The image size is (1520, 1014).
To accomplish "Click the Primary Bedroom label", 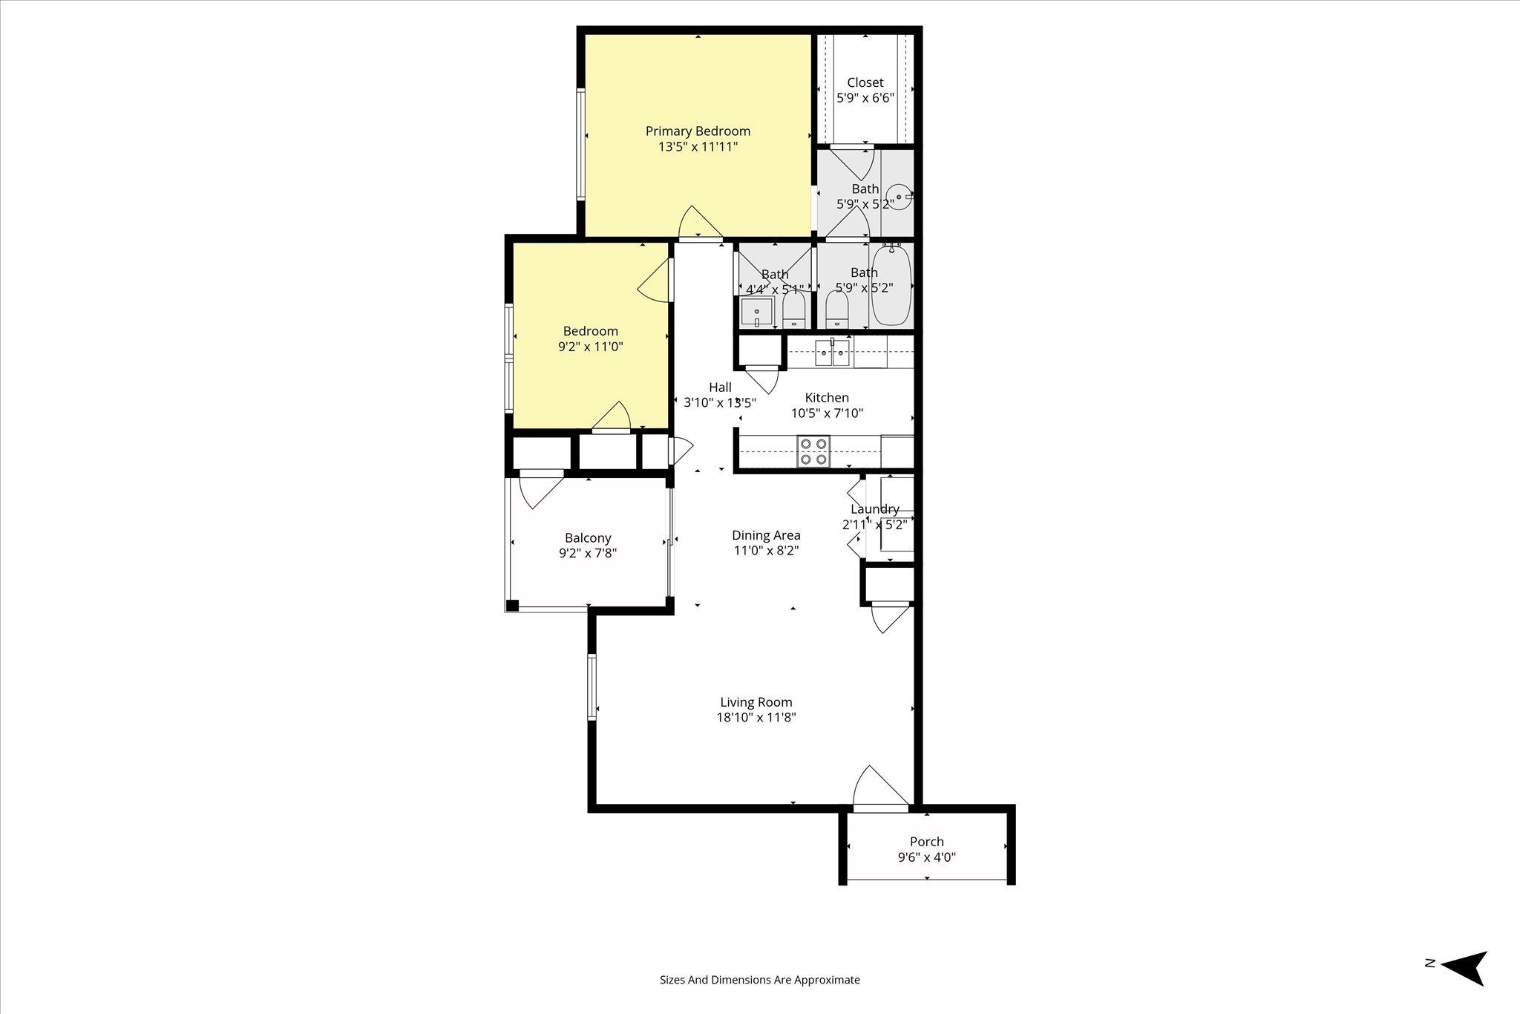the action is (x=698, y=131).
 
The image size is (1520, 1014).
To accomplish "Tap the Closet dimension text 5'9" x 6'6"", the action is (x=865, y=98).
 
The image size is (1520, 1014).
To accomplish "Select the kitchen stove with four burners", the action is (x=813, y=451).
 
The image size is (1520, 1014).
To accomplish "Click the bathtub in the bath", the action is (x=891, y=287).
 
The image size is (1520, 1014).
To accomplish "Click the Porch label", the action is (x=927, y=842).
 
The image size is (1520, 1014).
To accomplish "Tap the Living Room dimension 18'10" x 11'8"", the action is (x=756, y=718).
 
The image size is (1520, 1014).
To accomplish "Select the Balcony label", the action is (x=588, y=538).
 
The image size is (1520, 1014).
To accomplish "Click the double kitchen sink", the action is (x=832, y=353).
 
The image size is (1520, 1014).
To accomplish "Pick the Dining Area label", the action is (x=766, y=535).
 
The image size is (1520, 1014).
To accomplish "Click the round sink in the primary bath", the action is (x=900, y=197).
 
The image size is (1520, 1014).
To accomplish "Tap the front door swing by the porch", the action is (x=881, y=788).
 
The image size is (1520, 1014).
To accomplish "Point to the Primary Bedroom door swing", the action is (x=701, y=223).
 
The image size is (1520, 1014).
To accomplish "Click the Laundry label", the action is (x=875, y=509).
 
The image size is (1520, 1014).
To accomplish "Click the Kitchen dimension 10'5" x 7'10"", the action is (x=827, y=413).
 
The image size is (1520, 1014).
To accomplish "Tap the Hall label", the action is (x=720, y=387).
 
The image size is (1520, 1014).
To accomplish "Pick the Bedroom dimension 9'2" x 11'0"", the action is (x=591, y=347).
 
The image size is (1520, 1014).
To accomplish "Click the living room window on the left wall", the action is (x=592, y=687).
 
